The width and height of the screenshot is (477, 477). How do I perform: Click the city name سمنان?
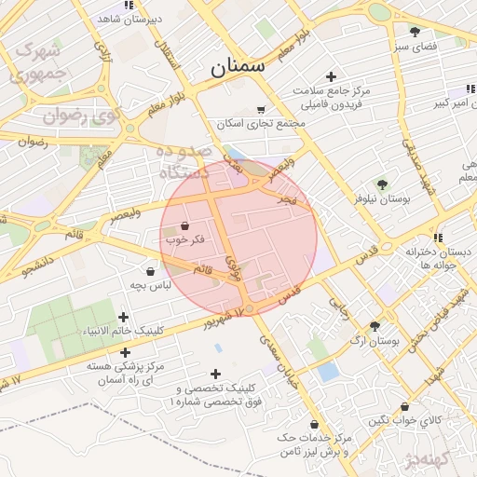[238, 66]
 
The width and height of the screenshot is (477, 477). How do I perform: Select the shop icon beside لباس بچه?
[150, 271]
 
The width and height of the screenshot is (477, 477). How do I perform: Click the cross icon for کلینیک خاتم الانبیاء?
[124, 318]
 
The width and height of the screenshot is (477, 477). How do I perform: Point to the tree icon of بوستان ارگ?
[375, 326]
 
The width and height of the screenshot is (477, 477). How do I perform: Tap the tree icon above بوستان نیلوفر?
[382, 184]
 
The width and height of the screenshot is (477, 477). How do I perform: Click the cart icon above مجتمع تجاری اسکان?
[260, 109]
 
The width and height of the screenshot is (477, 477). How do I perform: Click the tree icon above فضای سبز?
[415, 32]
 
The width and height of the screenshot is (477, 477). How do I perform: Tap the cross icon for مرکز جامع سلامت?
[330, 76]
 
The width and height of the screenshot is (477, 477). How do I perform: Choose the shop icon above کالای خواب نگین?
[403, 406]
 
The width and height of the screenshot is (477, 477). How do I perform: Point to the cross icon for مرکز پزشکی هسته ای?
[124, 354]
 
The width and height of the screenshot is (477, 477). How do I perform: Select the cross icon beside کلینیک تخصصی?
[215, 374]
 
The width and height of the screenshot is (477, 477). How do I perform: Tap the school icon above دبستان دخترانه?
[438, 238]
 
